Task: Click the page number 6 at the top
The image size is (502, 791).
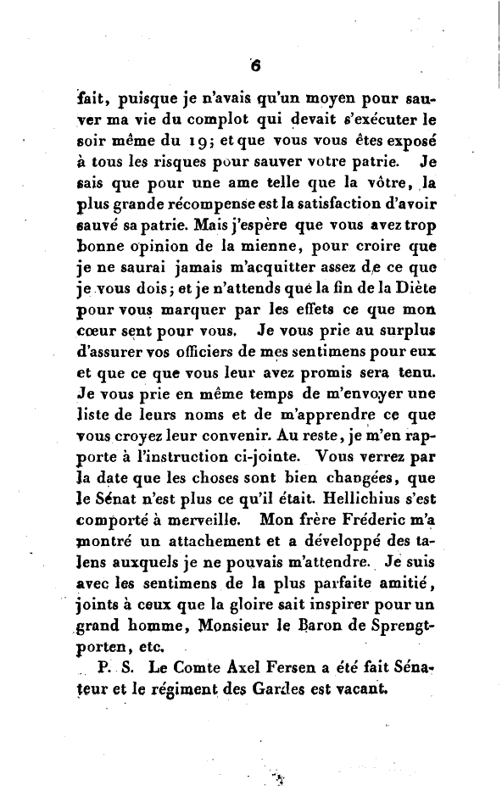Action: click(253, 63)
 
